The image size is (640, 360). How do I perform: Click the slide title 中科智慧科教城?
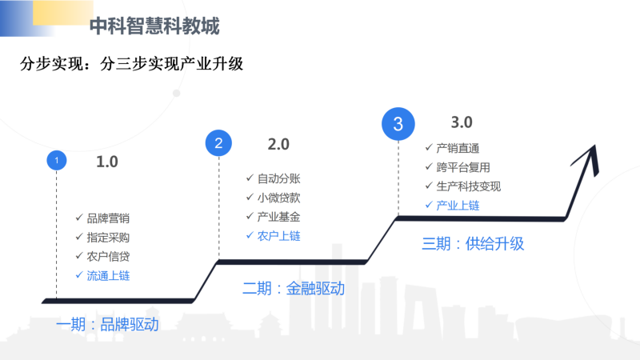click(154, 26)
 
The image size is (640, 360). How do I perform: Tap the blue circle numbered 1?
click(57, 161)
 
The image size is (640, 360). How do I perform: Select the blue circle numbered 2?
click(218, 143)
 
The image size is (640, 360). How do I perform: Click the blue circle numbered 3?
click(398, 124)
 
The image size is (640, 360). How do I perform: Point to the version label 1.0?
click(107, 162)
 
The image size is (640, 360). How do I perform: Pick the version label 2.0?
click(278, 145)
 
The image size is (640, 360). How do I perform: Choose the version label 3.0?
click(462, 122)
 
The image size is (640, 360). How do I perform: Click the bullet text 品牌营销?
click(108, 218)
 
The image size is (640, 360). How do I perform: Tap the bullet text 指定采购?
click(108, 238)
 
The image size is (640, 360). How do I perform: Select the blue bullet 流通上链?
click(108, 276)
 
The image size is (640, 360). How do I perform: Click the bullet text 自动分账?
click(278, 178)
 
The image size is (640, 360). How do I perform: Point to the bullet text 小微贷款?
click(278, 198)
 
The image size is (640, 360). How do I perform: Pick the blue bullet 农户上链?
click(278, 236)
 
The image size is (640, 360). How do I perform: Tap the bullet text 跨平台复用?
click(463, 167)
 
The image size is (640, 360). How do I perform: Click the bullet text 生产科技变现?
click(469, 186)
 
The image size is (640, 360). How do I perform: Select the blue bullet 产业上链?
click(458, 206)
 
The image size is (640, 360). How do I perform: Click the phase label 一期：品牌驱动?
click(107, 325)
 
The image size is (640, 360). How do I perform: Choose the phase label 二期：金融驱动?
click(294, 289)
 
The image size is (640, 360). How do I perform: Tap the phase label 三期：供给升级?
click(473, 244)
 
